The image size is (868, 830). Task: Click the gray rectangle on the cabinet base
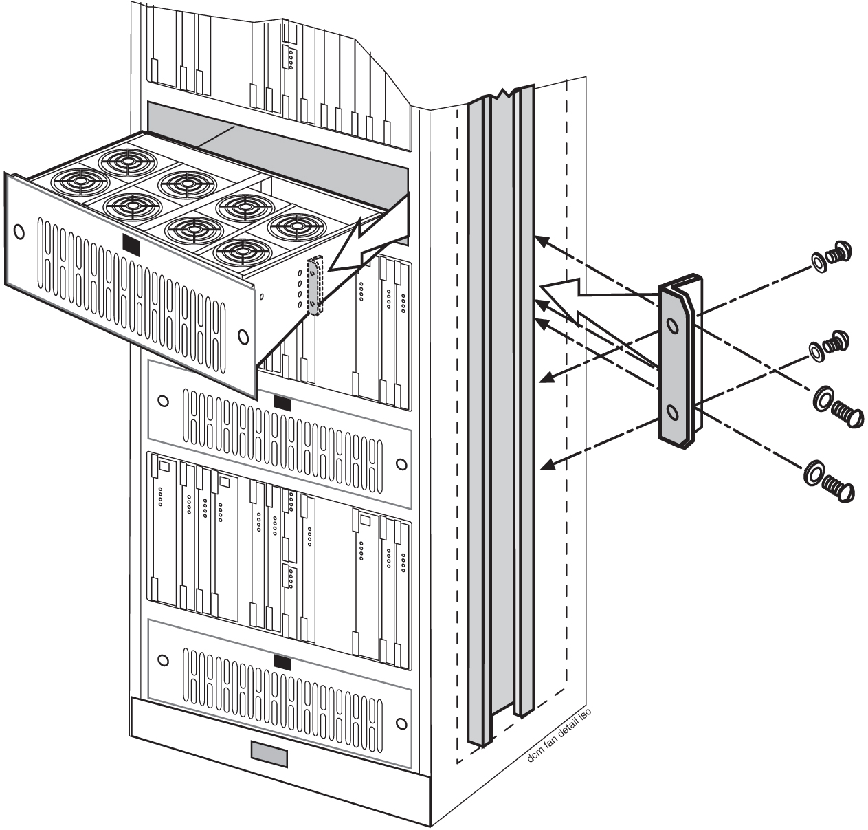269,752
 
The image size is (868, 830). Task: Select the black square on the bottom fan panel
282,662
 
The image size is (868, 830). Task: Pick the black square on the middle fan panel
282,400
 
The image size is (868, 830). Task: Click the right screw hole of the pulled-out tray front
242,336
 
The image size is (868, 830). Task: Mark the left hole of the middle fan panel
162,400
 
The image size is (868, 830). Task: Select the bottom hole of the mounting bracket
673,413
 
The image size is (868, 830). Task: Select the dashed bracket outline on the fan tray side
315,285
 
